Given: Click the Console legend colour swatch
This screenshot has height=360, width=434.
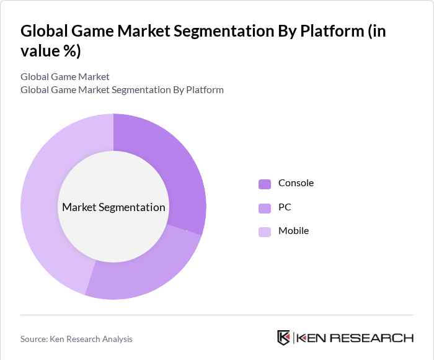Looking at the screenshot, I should pyautogui.click(x=265, y=184).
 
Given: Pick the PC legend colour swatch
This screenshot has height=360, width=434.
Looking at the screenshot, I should pyautogui.click(x=265, y=207).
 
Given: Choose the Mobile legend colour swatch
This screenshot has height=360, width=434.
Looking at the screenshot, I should pyautogui.click(x=265, y=232).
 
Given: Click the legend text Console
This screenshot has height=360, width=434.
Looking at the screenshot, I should pyautogui.click(x=296, y=183).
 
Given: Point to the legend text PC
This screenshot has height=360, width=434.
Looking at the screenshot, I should pyautogui.click(x=285, y=207).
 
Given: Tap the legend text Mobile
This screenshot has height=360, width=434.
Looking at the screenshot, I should pyautogui.click(x=293, y=231).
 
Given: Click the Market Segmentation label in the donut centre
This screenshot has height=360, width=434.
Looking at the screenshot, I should pyautogui.click(x=113, y=207).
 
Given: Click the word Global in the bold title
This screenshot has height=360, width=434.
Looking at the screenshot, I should pyautogui.click(x=44, y=32).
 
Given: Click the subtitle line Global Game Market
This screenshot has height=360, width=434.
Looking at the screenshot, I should pyautogui.click(x=65, y=77).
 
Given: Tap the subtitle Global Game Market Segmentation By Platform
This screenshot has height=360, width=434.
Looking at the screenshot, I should pyautogui.click(x=122, y=90).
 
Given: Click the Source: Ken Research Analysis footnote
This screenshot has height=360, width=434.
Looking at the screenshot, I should pyautogui.click(x=76, y=339).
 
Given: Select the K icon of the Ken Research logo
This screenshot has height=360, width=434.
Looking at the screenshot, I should pyautogui.click(x=283, y=338).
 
